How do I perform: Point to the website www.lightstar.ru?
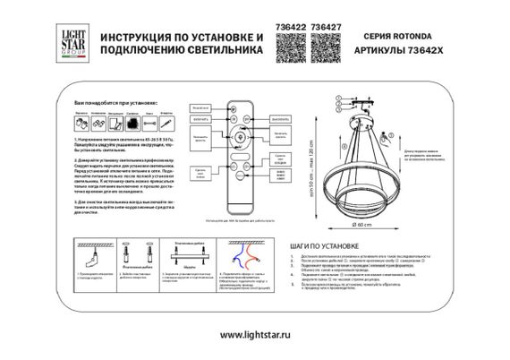point(254,335)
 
